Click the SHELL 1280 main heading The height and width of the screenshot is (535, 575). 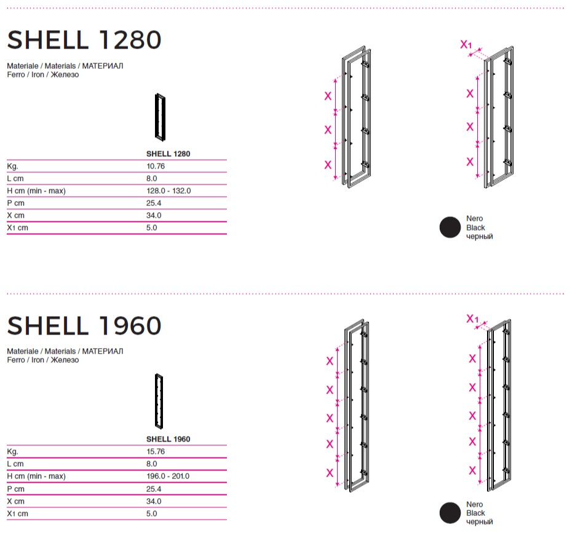(x=84, y=39)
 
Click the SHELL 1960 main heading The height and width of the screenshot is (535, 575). (x=84, y=325)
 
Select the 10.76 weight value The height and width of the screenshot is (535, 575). (x=156, y=166)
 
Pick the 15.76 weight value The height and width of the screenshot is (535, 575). (x=156, y=451)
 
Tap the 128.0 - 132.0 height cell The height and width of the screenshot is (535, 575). (x=169, y=191)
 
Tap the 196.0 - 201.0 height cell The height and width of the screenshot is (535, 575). (x=168, y=476)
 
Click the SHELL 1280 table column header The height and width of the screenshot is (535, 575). (x=168, y=154)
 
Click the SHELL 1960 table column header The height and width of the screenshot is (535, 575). (x=168, y=439)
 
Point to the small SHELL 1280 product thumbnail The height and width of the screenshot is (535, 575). (x=160, y=117)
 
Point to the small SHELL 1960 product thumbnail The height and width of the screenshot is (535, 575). (x=159, y=401)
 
